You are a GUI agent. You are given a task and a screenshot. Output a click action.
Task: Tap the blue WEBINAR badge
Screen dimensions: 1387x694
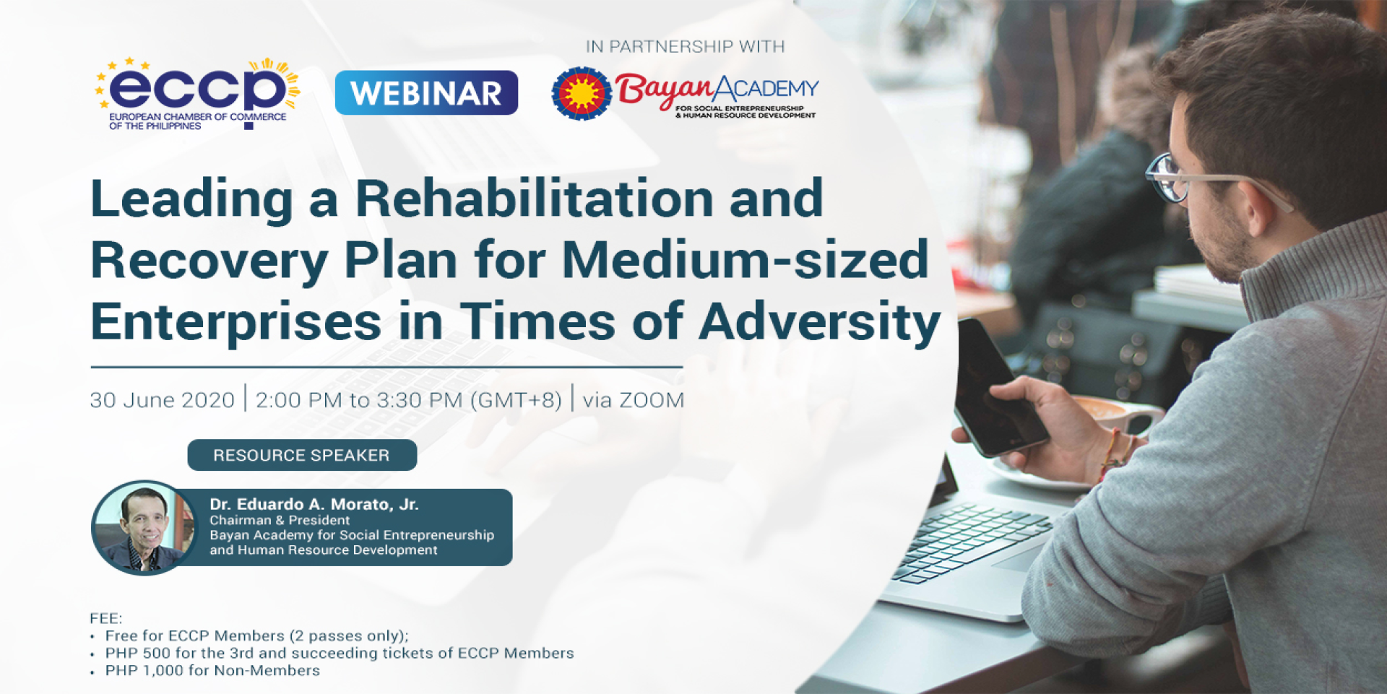coord(426,92)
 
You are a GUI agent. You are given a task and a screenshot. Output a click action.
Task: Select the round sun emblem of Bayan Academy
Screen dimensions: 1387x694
coord(582,94)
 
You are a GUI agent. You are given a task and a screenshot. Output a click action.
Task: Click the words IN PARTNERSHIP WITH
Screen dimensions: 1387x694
coord(685,47)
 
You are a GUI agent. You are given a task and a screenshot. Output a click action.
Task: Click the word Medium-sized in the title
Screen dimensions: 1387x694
coord(745,260)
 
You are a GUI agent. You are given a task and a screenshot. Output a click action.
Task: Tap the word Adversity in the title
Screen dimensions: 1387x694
coord(820,323)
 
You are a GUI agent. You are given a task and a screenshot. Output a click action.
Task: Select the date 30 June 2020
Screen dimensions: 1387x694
coord(163,400)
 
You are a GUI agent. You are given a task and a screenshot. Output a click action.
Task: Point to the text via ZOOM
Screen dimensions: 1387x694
coord(634,400)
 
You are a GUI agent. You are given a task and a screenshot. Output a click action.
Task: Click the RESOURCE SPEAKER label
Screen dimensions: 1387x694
coord(302,455)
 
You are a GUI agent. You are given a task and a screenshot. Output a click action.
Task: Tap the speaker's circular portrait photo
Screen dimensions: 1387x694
coord(144,527)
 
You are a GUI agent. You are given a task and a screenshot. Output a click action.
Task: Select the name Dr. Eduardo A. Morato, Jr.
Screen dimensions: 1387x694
coord(314,504)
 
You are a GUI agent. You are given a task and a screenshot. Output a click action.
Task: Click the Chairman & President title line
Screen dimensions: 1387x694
coord(280,520)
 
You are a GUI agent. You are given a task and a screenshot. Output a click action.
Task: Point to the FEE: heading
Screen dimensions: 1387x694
coord(106,618)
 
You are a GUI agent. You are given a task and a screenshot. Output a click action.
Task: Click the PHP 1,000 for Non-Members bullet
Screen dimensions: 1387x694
coord(212,670)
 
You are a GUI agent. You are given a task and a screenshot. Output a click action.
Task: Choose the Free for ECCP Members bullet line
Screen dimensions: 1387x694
coord(257,636)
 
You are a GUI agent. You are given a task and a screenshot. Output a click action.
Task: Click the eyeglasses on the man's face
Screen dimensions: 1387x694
coord(1199,181)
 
